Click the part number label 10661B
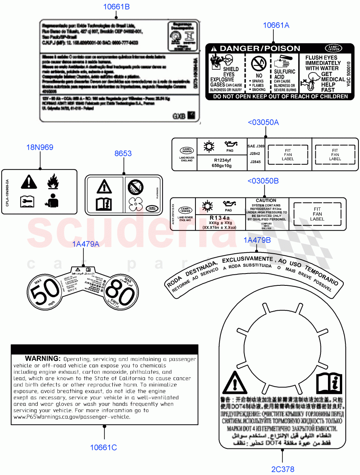click(x=116, y=7)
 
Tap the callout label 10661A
click(x=276, y=26)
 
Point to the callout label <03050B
click(x=263, y=181)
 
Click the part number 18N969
click(x=40, y=148)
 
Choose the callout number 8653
click(x=123, y=154)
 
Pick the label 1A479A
click(x=85, y=244)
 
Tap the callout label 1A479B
click(x=257, y=240)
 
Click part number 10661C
click(x=104, y=448)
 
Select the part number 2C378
click(x=282, y=469)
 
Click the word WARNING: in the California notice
click(x=43, y=359)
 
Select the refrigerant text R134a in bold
click(x=220, y=218)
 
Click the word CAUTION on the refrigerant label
click(x=266, y=201)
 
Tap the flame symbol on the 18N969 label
click(x=53, y=182)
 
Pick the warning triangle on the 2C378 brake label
click(x=235, y=384)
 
